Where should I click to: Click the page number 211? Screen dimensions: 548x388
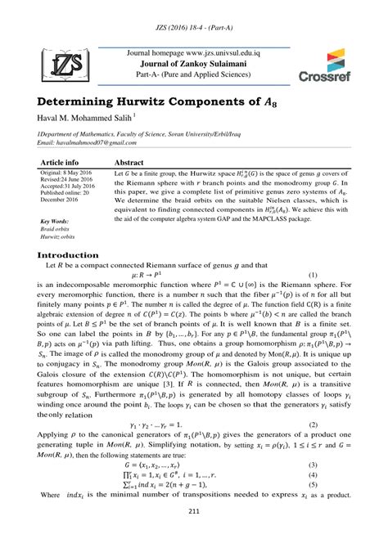click(x=194, y=536)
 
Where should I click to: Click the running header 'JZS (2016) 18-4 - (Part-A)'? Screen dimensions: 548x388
click(x=194, y=16)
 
